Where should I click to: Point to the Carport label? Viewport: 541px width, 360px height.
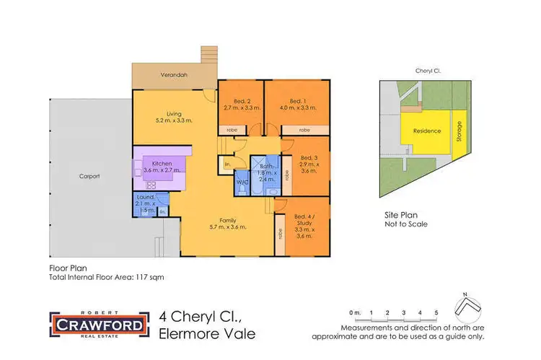pos(90,176)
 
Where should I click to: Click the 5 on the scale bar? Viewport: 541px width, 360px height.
pos(436,312)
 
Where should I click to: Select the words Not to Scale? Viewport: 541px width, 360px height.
pos(407,224)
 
